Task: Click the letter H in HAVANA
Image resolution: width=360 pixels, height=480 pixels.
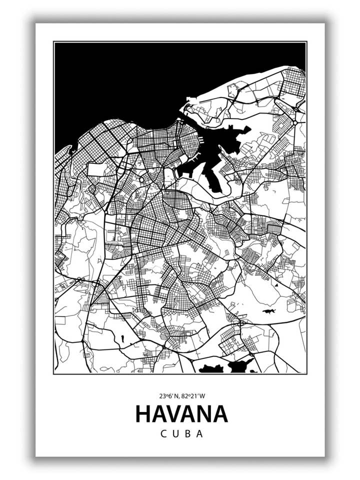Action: coord(143,414)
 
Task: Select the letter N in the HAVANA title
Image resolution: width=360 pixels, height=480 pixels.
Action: coord(204,414)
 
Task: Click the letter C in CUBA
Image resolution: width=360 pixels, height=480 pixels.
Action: coord(163,434)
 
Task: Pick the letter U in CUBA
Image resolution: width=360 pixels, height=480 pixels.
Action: coord(175,434)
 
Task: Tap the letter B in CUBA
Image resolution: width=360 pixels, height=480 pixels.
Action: coord(187,434)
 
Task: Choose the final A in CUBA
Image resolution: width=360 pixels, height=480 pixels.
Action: coord(199,434)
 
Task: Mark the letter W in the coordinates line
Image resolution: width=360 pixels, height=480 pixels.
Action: coord(202,396)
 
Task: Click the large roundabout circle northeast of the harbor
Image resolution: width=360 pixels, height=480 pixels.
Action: coord(295,121)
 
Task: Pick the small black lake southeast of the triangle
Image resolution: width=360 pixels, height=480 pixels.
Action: coord(269,311)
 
